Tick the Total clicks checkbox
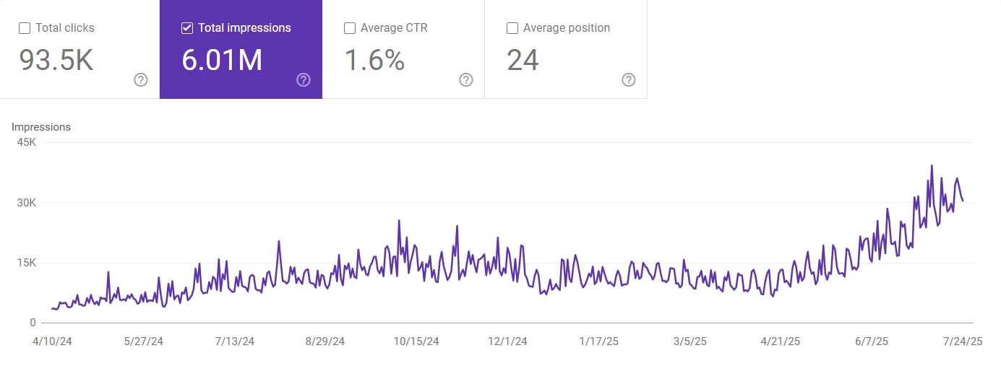pyautogui.click(x=25, y=28)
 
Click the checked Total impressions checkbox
pyautogui.click(x=187, y=28)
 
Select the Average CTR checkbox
pyautogui.click(x=350, y=28)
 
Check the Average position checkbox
pyautogui.click(x=512, y=28)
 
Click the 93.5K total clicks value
pyautogui.click(x=56, y=61)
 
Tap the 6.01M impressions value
pyautogui.click(x=222, y=61)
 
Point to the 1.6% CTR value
pyautogui.click(x=374, y=61)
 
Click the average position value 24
pyautogui.click(x=523, y=61)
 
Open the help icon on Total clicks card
pyautogui.click(x=141, y=79)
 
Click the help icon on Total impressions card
pyautogui.click(x=304, y=79)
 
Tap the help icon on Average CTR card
pyautogui.click(x=466, y=79)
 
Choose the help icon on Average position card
pyautogui.click(x=629, y=79)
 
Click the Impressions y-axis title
pyautogui.click(x=41, y=127)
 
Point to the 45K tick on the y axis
pyautogui.click(x=27, y=142)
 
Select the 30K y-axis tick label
pyautogui.click(x=27, y=203)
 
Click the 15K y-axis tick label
pyautogui.click(x=27, y=263)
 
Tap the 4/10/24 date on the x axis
pyautogui.click(x=52, y=341)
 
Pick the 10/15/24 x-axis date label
pyautogui.click(x=416, y=341)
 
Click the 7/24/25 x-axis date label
pyautogui.click(x=962, y=341)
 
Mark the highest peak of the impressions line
pyautogui.click(x=932, y=166)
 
